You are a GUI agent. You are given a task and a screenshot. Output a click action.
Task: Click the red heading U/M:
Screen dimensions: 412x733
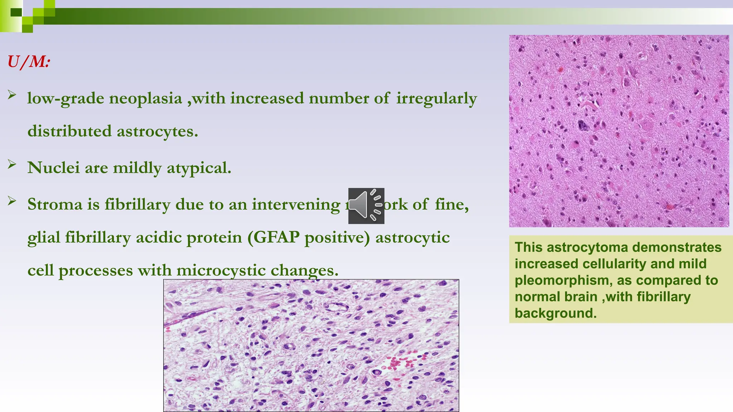29,62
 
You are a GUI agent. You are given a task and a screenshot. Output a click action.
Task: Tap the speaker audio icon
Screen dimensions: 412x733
366,206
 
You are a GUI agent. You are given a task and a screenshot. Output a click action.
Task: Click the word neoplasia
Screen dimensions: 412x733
145,98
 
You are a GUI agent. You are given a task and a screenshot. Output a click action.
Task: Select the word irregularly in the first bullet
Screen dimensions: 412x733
436,98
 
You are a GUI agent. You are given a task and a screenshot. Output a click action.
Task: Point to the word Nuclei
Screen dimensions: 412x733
53,168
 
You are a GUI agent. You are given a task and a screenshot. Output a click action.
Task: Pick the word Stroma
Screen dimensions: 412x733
55,204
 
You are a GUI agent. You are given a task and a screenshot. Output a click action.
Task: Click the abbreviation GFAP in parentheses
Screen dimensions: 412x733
277,237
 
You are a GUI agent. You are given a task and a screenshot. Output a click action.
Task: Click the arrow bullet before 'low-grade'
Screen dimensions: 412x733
12,95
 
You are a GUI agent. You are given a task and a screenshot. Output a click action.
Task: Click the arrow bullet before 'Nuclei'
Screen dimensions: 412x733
12,164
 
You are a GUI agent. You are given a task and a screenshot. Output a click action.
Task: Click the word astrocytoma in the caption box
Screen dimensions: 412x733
587,247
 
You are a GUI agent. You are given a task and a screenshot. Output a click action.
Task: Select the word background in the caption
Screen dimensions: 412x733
555,313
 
